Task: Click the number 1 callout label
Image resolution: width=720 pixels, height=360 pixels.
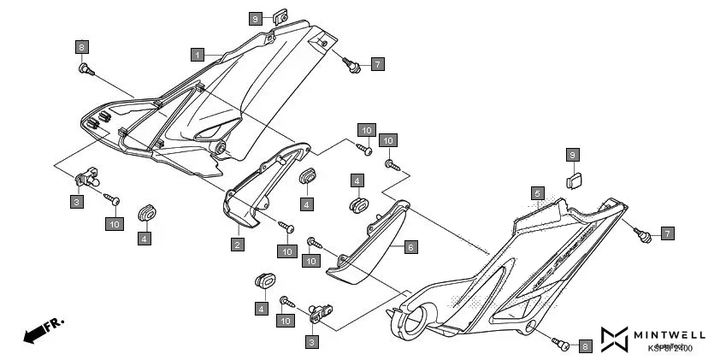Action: (197, 54)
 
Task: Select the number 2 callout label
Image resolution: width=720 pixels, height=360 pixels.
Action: (237, 245)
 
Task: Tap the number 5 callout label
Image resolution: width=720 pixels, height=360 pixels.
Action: (537, 193)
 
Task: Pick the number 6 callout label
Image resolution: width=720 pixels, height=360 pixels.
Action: (410, 246)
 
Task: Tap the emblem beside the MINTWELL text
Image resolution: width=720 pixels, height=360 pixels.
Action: (614, 339)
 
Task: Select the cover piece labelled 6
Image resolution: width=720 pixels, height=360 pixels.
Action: (368, 244)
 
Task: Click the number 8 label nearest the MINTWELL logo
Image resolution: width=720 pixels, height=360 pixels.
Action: (585, 346)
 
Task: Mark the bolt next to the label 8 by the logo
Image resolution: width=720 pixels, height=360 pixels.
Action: (561, 344)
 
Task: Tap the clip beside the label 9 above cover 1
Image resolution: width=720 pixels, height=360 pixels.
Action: (279, 15)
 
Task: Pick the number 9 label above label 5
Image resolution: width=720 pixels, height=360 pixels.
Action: (574, 155)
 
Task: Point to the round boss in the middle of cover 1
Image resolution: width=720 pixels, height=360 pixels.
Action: (221, 148)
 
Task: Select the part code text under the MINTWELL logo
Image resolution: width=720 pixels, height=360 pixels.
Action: (670, 348)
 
